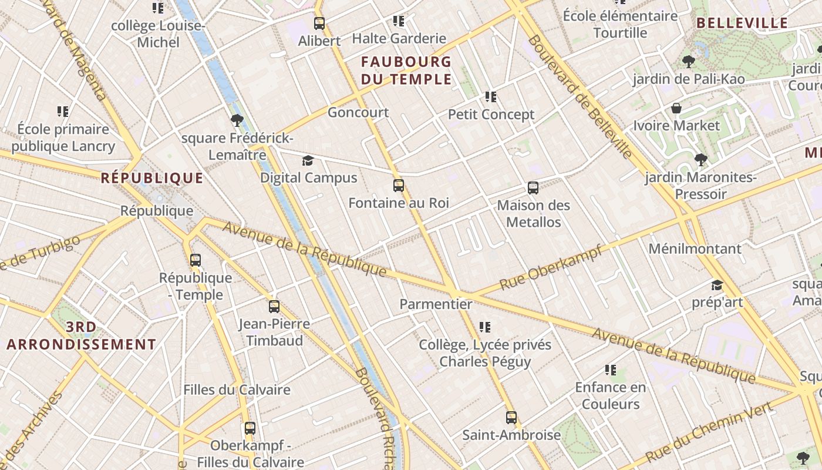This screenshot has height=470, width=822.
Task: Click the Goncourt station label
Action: click(358, 112)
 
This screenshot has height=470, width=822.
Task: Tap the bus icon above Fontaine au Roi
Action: click(399, 186)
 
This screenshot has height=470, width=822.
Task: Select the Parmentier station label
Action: click(436, 304)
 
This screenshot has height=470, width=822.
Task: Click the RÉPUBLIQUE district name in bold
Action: click(152, 178)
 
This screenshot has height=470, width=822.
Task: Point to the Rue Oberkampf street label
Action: click(551, 268)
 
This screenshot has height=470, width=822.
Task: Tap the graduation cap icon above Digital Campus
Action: click(308, 160)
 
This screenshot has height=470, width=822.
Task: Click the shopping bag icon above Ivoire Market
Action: click(676, 109)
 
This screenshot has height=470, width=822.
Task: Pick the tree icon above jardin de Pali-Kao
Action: click(688, 61)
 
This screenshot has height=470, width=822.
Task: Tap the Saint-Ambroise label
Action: click(511, 435)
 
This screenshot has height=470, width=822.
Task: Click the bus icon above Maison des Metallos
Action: click(533, 188)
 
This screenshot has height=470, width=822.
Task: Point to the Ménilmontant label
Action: click(695, 249)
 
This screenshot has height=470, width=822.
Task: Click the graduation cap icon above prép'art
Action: click(717, 286)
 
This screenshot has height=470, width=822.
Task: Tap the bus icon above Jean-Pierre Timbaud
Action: click(274, 306)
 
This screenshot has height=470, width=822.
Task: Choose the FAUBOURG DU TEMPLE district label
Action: click(406, 70)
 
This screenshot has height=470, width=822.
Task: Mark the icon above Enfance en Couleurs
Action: click(611, 370)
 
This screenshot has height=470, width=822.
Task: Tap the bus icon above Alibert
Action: click(319, 23)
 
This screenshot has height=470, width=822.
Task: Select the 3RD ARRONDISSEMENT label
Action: click(82, 335)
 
